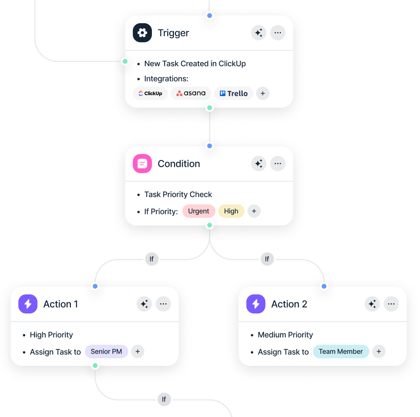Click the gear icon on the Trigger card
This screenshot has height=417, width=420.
coord(142,33)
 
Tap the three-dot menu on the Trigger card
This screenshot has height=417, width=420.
coord(277,33)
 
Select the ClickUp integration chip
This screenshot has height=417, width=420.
coord(150,93)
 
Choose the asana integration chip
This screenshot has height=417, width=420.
coord(191,93)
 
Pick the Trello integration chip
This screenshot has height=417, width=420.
coord(234,93)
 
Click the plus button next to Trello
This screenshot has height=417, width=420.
coord(263,93)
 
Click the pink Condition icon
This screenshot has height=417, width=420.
coord(142,164)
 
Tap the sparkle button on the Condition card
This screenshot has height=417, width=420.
coord(259,164)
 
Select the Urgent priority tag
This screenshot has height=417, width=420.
coord(198,211)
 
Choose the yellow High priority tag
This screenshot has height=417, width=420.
coord(231,211)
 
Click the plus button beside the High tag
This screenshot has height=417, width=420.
coord(254,211)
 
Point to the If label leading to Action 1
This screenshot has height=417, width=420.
coord(151,259)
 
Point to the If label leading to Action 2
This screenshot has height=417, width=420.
coord(267,259)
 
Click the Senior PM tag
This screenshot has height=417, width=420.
coord(106,352)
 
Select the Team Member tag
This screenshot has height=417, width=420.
coord(341,352)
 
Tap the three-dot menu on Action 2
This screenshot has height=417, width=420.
coord(391,304)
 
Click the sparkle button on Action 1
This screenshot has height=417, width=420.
coord(145,304)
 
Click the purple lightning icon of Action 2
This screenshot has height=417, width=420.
coord(256,304)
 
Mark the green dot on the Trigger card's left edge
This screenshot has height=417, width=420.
coord(125,61)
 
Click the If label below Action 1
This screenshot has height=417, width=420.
coord(164,399)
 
